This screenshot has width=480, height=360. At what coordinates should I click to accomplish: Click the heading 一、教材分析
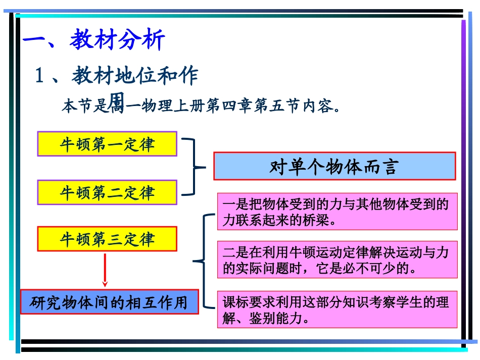point(94,40)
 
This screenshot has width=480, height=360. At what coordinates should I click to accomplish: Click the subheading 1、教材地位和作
point(116,76)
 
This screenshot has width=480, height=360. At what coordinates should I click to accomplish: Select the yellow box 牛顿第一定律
point(107,144)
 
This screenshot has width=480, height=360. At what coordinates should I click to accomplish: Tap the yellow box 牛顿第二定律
point(107,192)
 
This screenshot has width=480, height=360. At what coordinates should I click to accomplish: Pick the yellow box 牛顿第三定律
point(107,239)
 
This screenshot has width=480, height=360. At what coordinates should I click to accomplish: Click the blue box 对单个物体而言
point(334,166)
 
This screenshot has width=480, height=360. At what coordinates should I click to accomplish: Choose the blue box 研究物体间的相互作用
point(109,302)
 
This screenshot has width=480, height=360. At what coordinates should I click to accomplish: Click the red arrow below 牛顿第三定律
point(105,270)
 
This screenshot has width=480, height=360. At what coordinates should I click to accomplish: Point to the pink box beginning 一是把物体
point(337,212)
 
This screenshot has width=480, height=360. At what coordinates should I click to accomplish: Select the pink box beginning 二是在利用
point(337,260)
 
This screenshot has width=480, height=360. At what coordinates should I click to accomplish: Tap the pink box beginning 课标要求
point(337,310)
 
